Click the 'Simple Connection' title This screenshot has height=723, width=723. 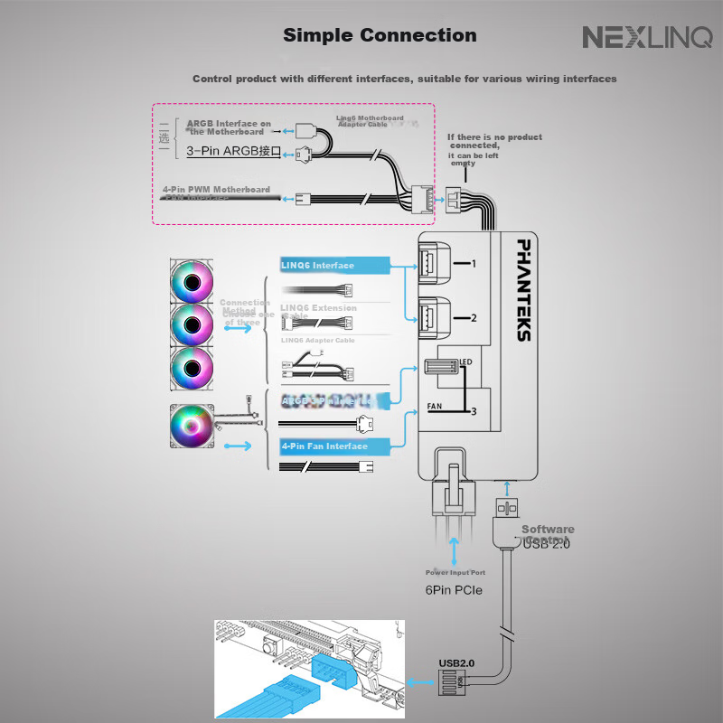pyautogui.click(x=380, y=36)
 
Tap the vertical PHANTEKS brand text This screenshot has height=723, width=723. pyautogui.click(x=523, y=289)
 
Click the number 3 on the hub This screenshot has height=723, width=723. pyautogui.click(x=472, y=412)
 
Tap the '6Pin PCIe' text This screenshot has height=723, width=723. pyautogui.click(x=454, y=590)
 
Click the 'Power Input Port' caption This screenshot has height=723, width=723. pyautogui.click(x=455, y=573)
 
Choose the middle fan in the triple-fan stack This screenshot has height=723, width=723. pyautogui.click(x=192, y=323)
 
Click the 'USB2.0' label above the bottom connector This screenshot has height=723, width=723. pyautogui.click(x=456, y=662)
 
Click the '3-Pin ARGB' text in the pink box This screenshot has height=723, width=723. pyautogui.click(x=234, y=152)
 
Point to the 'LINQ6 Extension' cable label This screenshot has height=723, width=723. pyautogui.click(x=318, y=308)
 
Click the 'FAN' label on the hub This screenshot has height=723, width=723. pyautogui.click(x=434, y=407)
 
